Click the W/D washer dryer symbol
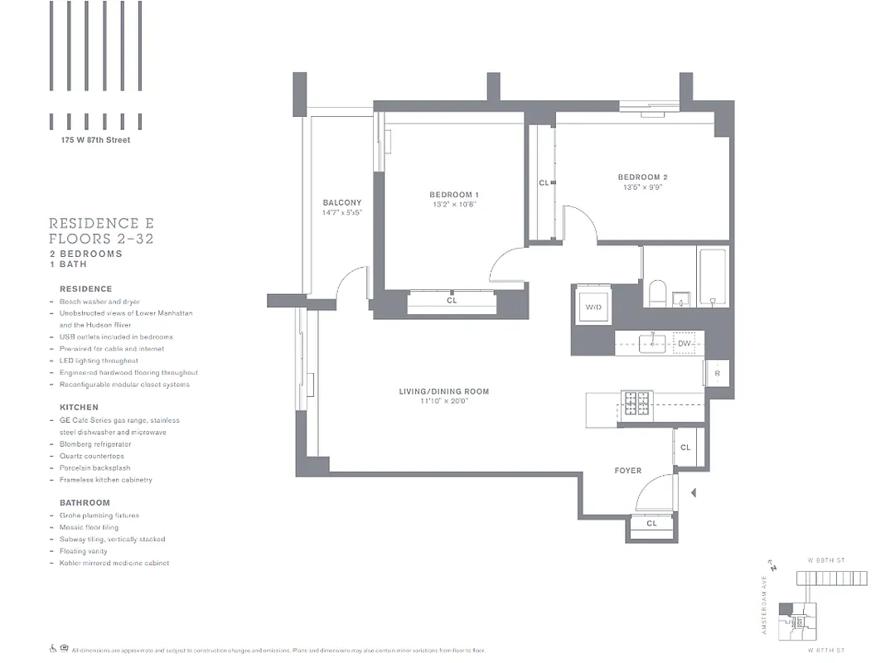click(x=593, y=307)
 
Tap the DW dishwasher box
click(x=685, y=343)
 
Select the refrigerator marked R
click(x=717, y=374)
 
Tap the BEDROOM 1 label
click(x=454, y=195)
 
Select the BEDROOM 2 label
click(x=642, y=177)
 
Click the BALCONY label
click(x=341, y=202)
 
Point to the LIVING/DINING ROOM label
click(x=443, y=391)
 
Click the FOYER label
click(x=627, y=471)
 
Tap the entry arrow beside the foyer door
click(x=694, y=493)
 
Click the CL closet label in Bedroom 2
click(x=544, y=183)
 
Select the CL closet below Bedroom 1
click(x=452, y=301)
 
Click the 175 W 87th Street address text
click(x=95, y=140)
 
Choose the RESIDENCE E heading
click(x=101, y=224)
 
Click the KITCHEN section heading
click(x=79, y=408)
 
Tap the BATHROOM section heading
click(x=85, y=503)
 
